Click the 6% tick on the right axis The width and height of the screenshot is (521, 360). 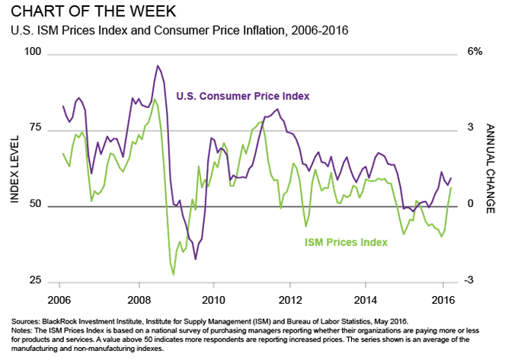click(x=475, y=53)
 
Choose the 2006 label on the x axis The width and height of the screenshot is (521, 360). click(x=59, y=298)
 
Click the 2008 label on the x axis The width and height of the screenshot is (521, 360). click(x=138, y=298)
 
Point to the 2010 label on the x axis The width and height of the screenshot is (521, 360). click(x=214, y=298)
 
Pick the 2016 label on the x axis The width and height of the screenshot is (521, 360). click(x=444, y=298)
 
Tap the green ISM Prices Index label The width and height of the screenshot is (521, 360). click(x=347, y=242)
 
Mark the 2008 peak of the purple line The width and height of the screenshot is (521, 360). click(x=158, y=66)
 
